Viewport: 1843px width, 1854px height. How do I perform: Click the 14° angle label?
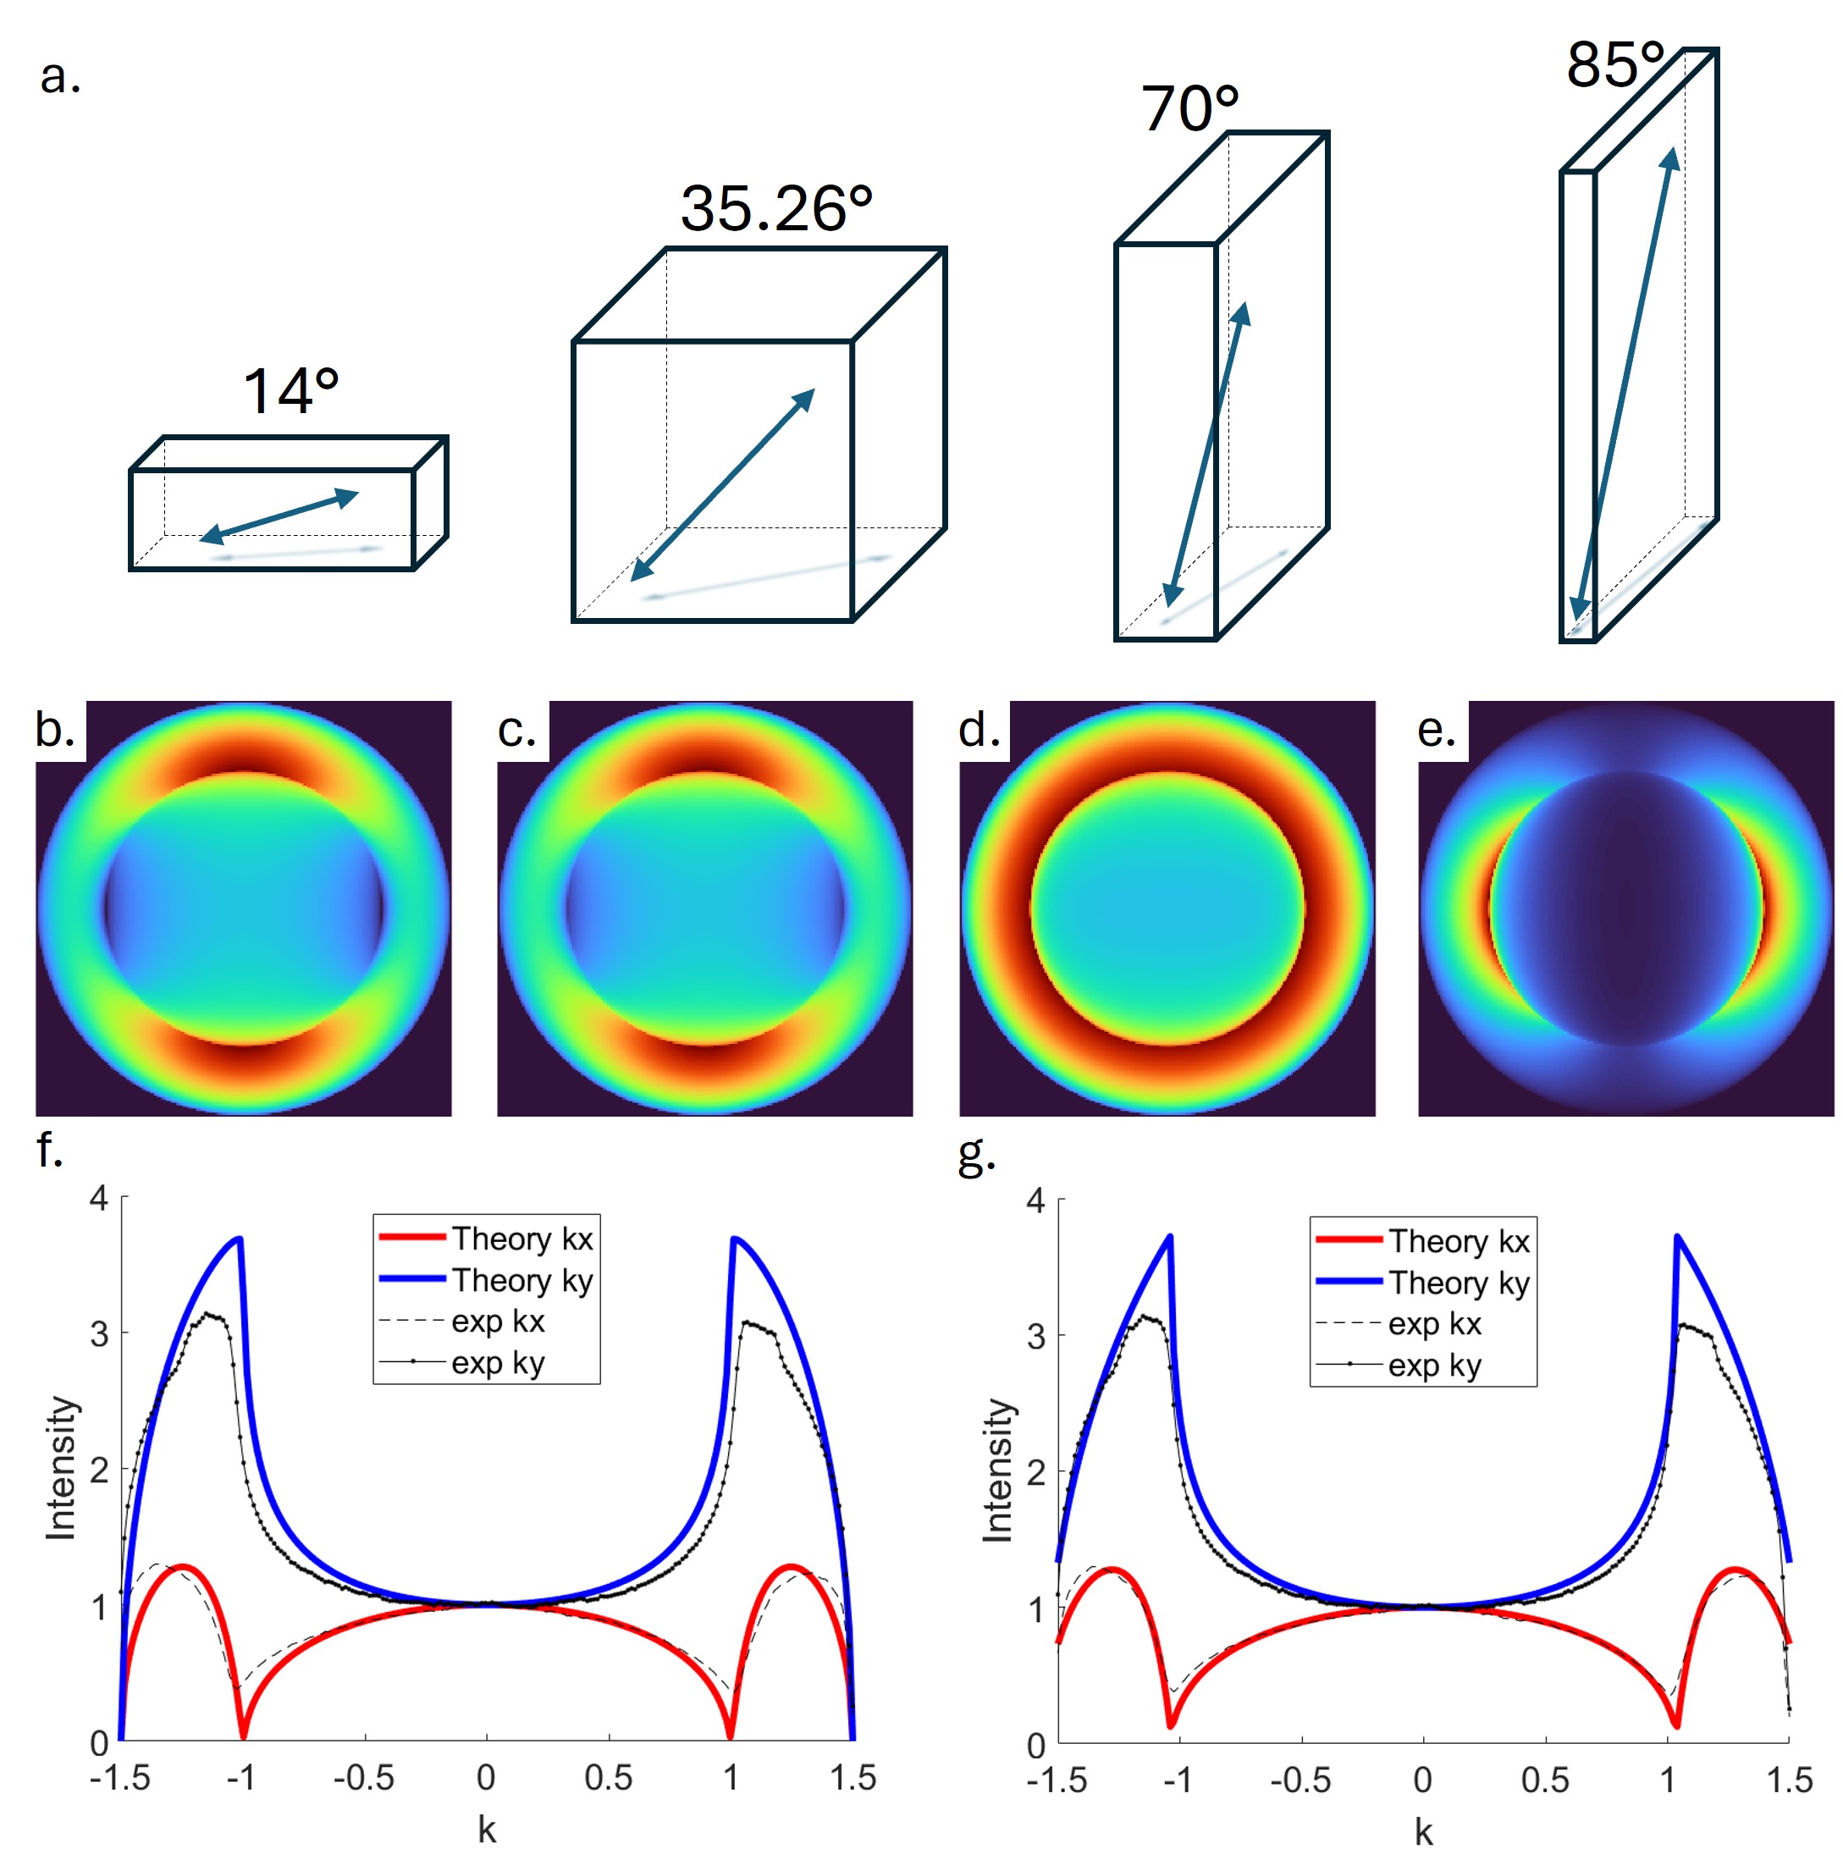pos(290,391)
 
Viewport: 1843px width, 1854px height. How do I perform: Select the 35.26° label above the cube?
pos(776,208)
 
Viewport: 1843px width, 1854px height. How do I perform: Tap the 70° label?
pos(1189,108)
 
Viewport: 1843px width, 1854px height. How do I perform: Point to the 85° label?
pos(1614,65)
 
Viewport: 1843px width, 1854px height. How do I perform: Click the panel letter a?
pos(59,77)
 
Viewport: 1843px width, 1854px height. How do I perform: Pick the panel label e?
pos(1436,731)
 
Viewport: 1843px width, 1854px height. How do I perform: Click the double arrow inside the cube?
pos(722,484)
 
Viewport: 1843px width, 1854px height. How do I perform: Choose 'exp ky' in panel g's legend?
pos(1434,1365)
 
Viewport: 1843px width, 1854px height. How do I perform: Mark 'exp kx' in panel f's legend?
pos(498,1322)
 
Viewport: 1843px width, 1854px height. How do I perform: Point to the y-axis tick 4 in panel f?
pos(99,1199)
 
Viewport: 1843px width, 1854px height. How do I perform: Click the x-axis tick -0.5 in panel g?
pos(1300,1780)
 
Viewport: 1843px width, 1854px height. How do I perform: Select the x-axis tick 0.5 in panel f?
pos(608,1778)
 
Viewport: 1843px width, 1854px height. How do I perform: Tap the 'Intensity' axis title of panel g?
pos(999,1469)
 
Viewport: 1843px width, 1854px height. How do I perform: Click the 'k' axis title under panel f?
pos(487,1830)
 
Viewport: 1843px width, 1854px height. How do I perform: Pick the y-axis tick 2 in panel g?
pos(1035,1473)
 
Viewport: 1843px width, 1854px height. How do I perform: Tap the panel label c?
pos(516,731)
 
